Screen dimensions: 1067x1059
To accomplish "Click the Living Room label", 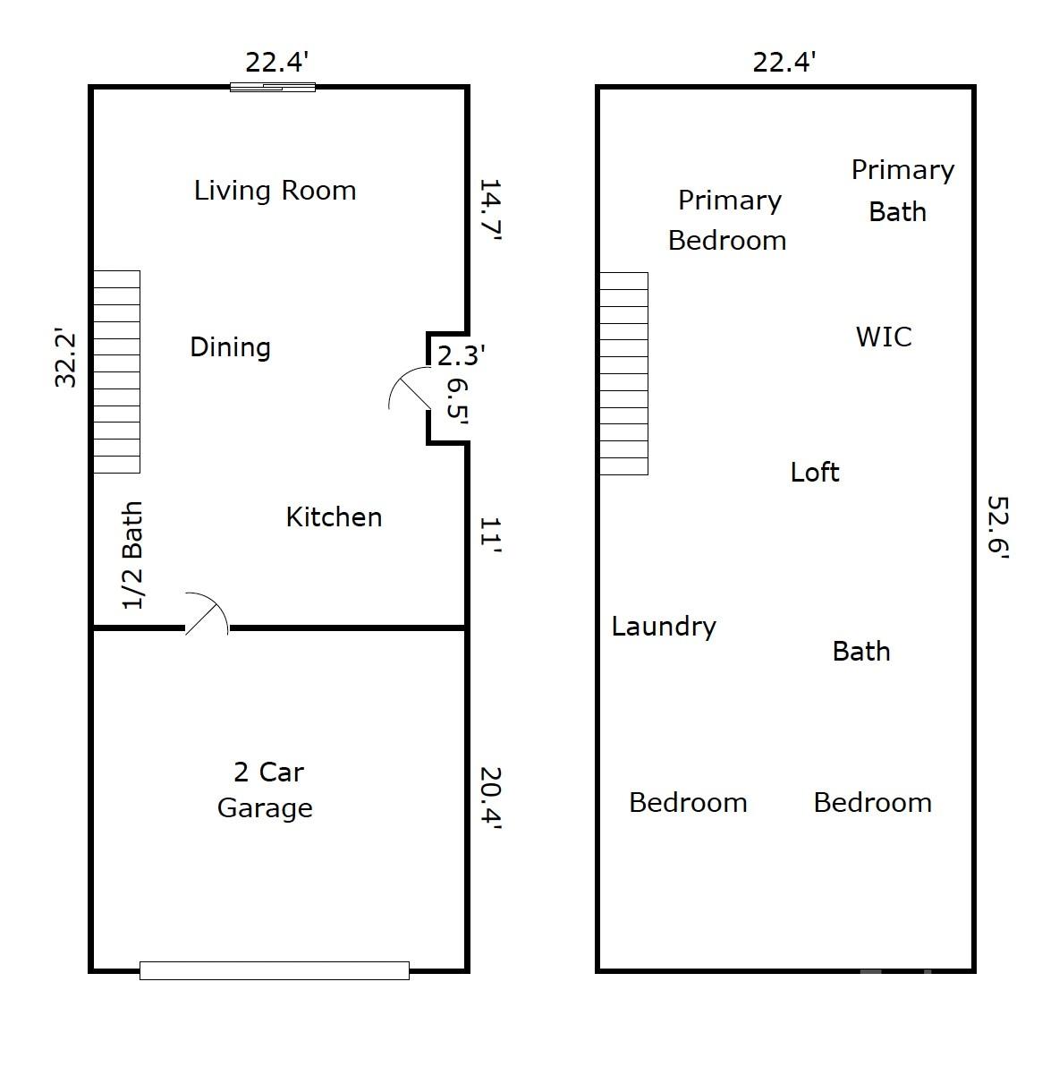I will pyautogui.click(x=275, y=191).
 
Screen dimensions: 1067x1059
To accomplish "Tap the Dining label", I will pyautogui.click(x=230, y=347).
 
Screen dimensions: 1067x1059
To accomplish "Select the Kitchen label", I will pyautogui.click(x=334, y=516).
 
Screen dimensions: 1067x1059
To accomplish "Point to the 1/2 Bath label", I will pyautogui.click(x=132, y=556).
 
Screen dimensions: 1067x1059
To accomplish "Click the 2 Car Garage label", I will pyautogui.click(x=265, y=790).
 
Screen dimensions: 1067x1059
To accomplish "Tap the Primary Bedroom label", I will pyautogui.click(x=728, y=220).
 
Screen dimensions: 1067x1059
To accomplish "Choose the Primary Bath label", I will pyautogui.click(x=902, y=191).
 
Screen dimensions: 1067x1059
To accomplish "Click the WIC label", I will pyautogui.click(x=884, y=337).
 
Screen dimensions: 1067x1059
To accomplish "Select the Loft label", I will pyautogui.click(x=814, y=472).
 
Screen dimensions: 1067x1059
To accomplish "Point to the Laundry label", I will pyautogui.click(x=664, y=627).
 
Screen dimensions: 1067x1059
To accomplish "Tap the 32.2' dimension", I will pyautogui.click(x=66, y=359).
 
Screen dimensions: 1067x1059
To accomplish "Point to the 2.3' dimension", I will pyautogui.click(x=462, y=356).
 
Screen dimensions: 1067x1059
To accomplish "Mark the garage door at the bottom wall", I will pyautogui.click(x=275, y=970).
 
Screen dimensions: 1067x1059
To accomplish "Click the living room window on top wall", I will pyautogui.click(x=273, y=87).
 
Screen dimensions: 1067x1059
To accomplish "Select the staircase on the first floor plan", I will pyautogui.click(x=117, y=371).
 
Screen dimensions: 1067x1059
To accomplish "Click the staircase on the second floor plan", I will pyautogui.click(x=623, y=373).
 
